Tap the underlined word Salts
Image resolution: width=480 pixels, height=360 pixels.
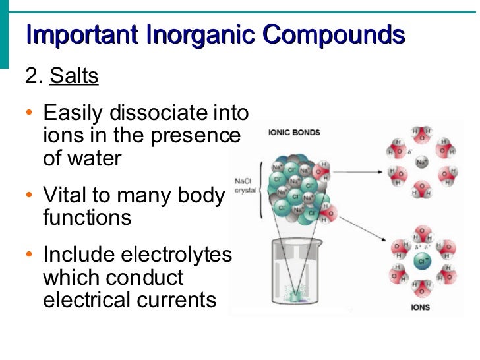click(x=74, y=76)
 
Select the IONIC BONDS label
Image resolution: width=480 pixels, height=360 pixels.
click(x=294, y=132)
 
